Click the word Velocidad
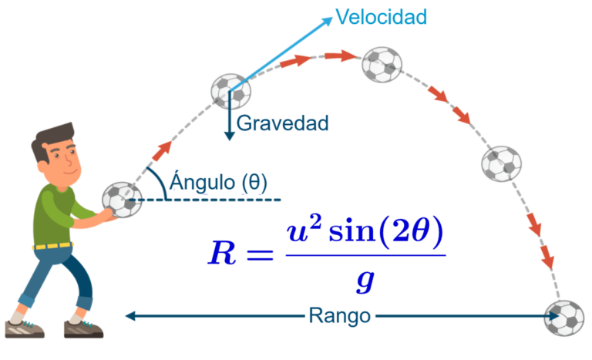(x=381, y=17)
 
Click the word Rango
(x=340, y=315)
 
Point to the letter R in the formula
(x=224, y=253)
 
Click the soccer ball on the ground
(x=563, y=318)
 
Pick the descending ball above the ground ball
(x=502, y=163)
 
